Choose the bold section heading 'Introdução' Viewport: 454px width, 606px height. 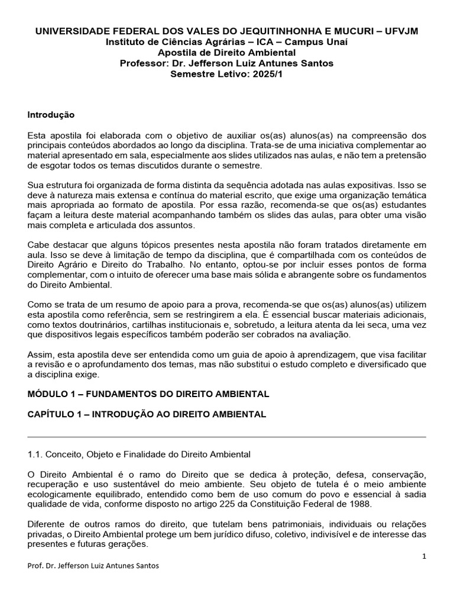(51, 114)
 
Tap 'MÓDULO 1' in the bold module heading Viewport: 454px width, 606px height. (50, 394)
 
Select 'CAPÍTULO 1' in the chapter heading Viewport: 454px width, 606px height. (54, 414)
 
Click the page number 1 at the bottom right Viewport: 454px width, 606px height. (424, 556)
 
